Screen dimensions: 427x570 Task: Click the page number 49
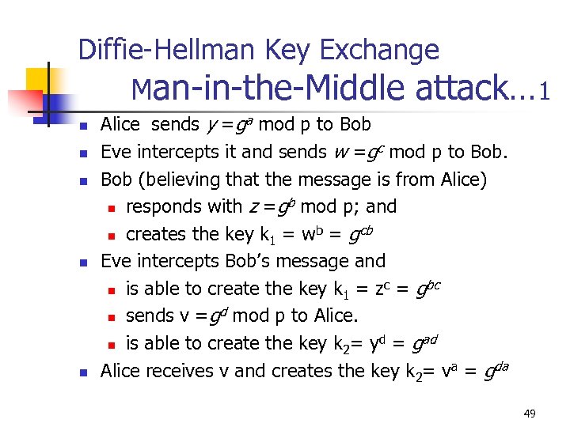[x=529, y=412]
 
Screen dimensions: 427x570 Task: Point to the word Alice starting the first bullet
[x=120, y=124]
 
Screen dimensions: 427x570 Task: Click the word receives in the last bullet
[x=180, y=371]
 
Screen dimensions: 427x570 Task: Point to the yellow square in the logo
[x=37, y=79]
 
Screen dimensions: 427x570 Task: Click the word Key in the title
[x=289, y=51]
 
